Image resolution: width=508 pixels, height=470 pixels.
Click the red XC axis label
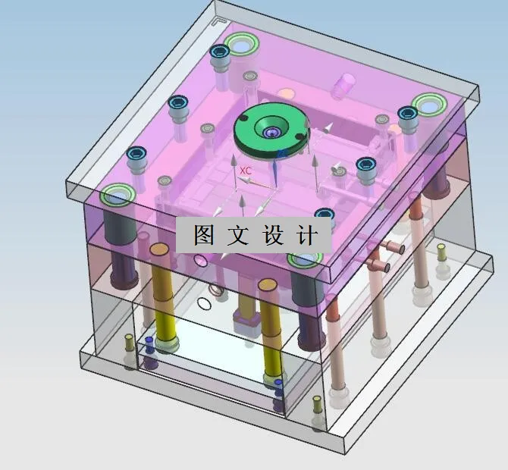pyautogui.click(x=245, y=171)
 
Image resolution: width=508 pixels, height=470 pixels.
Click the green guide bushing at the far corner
pyautogui.click(x=244, y=45)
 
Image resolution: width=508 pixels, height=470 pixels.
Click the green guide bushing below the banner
pyautogui.click(x=303, y=260)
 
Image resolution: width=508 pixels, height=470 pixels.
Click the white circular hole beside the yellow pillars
pyautogui.click(x=203, y=305)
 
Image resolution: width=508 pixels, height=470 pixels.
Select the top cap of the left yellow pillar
pyautogui.click(x=158, y=249)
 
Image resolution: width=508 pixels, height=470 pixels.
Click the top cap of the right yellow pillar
pyautogui.click(x=267, y=285)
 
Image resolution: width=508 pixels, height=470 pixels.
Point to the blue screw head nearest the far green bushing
pyautogui.click(x=220, y=52)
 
